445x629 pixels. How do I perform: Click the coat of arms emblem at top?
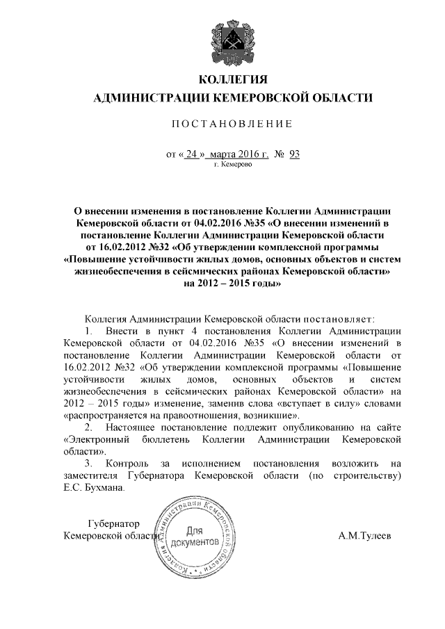(223, 39)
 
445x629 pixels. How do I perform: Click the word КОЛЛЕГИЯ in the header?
(223, 77)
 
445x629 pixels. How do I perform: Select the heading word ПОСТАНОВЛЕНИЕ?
(222, 124)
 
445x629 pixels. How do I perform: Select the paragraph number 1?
(88, 330)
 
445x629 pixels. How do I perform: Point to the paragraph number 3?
(88, 464)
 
